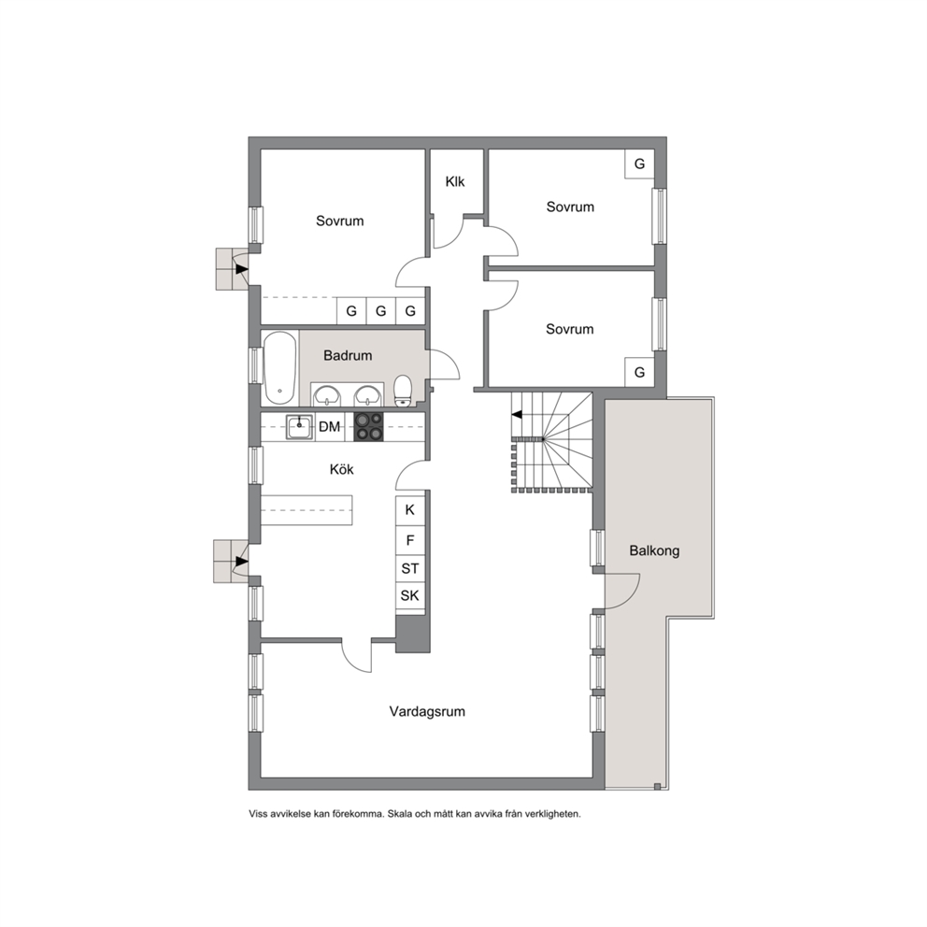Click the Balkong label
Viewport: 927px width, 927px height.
tap(654, 551)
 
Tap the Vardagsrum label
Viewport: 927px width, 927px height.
tap(427, 711)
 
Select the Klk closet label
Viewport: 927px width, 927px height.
tap(455, 181)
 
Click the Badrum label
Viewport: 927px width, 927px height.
tap(348, 355)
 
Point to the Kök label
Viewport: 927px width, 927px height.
tap(342, 469)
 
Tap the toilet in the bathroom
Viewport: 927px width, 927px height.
tap(403, 391)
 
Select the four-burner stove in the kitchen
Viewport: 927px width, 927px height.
tap(368, 427)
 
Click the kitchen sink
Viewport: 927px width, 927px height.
tap(300, 427)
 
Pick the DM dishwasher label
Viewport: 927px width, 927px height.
tap(329, 426)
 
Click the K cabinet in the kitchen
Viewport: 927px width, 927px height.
tap(410, 509)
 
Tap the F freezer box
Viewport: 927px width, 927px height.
tap(410, 540)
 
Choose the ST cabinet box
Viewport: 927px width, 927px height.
tap(410, 569)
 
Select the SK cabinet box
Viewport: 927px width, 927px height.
tap(410, 595)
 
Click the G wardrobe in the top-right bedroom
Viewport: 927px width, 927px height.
tap(640, 164)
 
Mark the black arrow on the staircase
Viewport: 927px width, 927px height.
tap(517, 414)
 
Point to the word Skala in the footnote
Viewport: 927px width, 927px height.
tap(401, 814)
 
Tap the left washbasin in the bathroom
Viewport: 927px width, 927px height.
tap(326, 395)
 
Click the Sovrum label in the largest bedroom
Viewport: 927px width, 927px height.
tap(340, 221)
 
